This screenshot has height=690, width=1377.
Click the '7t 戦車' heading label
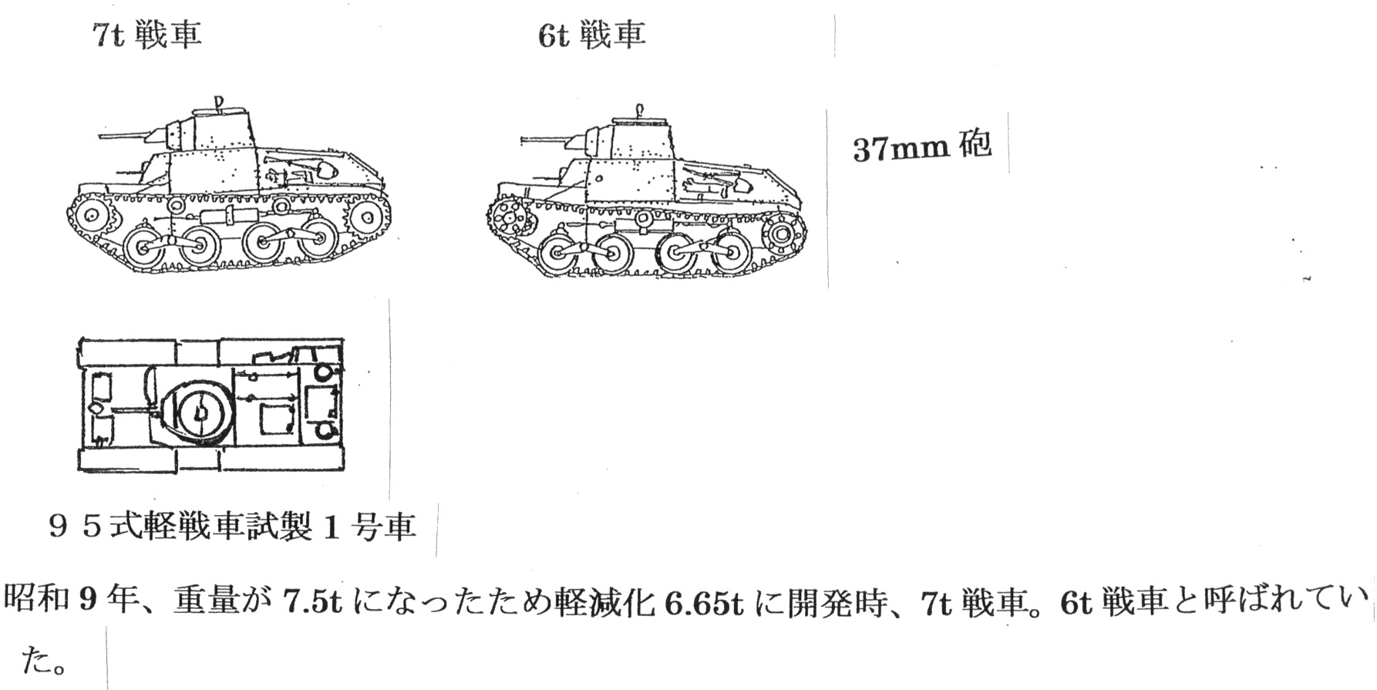coord(146,34)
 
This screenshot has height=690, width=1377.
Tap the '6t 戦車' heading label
coord(591,34)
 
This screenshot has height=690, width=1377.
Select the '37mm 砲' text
coord(921,146)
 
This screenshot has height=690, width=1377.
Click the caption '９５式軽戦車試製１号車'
coord(231,527)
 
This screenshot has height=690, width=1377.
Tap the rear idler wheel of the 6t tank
coord(780,232)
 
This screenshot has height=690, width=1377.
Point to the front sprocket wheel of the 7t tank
coord(91,215)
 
